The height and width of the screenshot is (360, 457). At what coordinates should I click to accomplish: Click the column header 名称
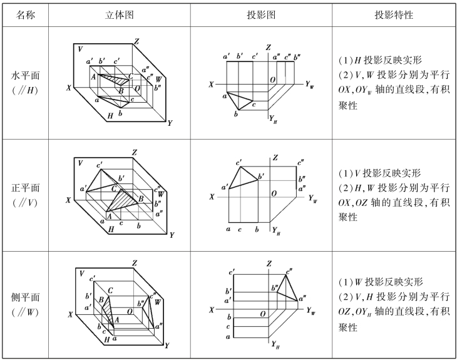[x=26, y=14]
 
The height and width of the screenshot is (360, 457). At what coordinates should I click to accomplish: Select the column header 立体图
[x=119, y=14]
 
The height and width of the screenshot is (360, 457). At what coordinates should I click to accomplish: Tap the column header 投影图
[x=261, y=14]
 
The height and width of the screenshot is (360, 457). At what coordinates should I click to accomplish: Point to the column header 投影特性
[x=394, y=14]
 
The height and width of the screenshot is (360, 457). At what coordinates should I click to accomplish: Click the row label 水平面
[x=26, y=76]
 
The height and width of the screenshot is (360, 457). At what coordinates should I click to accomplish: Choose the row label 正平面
[x=26, y=188]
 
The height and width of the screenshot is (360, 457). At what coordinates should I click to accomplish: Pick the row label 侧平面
[x=26, y=297]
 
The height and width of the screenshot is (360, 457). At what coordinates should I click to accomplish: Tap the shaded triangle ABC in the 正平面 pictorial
[x=123, y=200]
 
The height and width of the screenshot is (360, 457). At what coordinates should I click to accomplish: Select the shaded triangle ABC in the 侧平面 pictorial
[x=108, y=311]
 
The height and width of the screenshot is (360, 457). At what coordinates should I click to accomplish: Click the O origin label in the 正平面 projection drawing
[x=274, y=193]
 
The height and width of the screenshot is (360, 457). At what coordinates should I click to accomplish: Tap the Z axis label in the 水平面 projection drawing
[x=269, y=47]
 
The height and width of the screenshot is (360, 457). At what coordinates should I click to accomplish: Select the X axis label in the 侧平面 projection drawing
[x=212, y=310]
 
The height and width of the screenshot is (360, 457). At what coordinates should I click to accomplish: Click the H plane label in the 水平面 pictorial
[x=110, y=116]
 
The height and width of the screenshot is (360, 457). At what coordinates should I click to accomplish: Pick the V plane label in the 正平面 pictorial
[x=80, y=163]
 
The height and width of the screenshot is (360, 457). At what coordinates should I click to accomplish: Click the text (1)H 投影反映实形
[x=380, y=60]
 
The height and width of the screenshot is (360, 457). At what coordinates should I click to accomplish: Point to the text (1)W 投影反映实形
[x=381, y=282]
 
